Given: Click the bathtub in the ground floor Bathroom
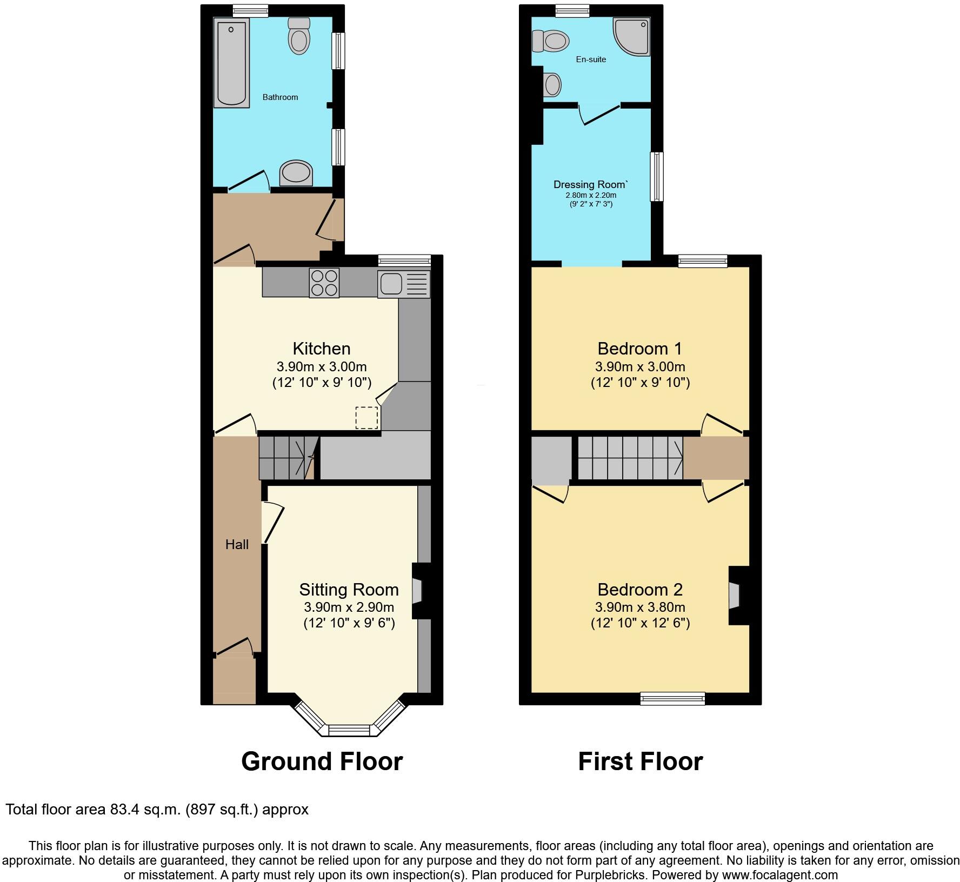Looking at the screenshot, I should (231, 62).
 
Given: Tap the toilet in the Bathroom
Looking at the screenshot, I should (299, 37).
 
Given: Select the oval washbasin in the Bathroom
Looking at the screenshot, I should (296, 172).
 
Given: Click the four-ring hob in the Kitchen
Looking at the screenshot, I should (324, 283).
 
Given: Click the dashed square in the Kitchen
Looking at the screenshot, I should (366, 418).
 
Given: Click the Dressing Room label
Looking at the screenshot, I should (590, 185).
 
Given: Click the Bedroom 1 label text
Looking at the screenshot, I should (640, 348).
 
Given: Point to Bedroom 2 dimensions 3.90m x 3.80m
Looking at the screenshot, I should (640, 607).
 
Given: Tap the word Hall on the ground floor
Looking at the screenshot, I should (237, 545).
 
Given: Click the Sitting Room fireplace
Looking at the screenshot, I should (417, 591).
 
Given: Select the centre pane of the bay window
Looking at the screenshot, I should (349, 730).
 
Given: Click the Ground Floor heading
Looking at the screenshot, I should (322, 761).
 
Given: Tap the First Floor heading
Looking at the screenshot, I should (640, 761).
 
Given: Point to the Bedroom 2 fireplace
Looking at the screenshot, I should (735, 596).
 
